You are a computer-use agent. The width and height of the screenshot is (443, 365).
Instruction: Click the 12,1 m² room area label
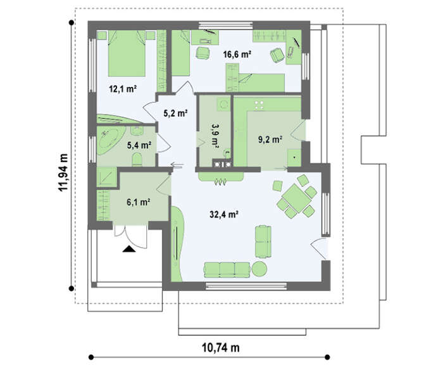tap(123, 89)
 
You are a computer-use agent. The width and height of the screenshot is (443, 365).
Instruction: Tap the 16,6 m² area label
tap(237, 54)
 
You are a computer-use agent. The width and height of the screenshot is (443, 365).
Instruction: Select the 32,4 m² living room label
tap(223, 214)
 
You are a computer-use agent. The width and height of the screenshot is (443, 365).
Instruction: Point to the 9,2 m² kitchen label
tap(270, 139)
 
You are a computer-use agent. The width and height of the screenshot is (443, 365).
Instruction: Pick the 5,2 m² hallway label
tap(176, 113)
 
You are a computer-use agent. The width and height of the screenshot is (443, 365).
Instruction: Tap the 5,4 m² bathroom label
tap(139, 146)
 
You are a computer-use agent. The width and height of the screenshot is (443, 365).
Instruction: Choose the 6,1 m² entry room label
tap(138, 202)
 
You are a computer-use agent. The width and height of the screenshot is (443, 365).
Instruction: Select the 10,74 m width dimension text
tap(221, 347)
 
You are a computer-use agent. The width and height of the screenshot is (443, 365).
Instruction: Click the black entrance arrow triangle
tap(129, 248)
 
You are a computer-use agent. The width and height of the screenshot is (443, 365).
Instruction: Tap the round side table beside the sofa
tap(259, 269)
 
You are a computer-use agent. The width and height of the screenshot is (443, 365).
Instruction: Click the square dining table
tap(296, 198)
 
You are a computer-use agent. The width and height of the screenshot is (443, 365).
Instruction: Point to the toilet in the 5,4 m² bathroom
tap(137, 160)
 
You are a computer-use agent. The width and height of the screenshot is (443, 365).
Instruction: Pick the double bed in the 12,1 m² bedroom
tap(127, 53)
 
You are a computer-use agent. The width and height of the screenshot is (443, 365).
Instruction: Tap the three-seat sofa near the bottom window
tap(227, 270)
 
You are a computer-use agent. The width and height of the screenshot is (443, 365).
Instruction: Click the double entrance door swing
tap(130, 236)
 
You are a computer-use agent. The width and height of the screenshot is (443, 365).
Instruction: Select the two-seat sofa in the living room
tap(263, 241)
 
